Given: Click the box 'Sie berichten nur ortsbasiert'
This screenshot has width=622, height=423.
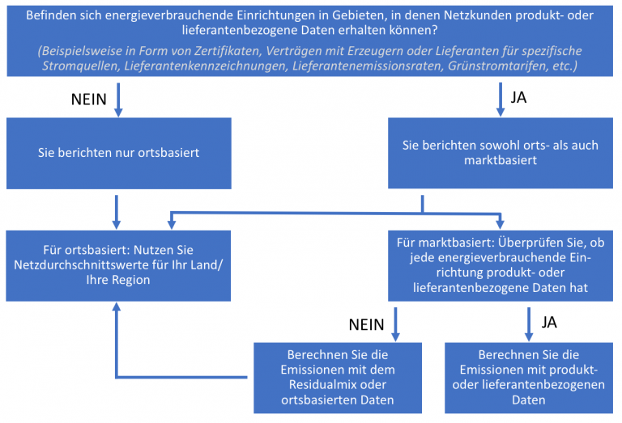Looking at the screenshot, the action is tap(118, 153).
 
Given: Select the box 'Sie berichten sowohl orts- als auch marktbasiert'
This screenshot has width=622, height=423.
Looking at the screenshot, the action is tap(501, 153).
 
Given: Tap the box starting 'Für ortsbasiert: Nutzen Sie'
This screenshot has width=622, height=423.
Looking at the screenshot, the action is tap(118, 266).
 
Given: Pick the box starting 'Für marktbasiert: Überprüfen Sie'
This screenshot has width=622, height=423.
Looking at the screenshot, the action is tap(501, 266).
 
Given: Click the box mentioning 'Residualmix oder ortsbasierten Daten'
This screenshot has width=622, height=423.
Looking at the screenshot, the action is tap(338, 378).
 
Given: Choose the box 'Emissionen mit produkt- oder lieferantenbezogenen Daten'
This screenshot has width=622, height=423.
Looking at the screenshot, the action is tap(529, 378).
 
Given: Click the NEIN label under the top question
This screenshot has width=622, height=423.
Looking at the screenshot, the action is tap(89, 99).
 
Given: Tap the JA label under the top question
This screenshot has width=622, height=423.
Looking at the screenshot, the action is tap(518, 97).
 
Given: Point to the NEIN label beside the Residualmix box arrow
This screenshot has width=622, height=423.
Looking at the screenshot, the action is tap(367, 325).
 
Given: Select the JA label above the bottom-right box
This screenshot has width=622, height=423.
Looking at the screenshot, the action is tap(549, 323).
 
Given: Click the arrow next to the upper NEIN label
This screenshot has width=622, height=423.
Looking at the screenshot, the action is tap(118, 99).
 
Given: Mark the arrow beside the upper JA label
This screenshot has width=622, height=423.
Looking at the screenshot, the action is tap(501, 99).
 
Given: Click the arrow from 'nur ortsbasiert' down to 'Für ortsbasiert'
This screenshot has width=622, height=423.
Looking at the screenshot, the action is tap(117, 212).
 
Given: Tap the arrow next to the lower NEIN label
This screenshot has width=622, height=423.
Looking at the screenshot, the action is tap(395, 324).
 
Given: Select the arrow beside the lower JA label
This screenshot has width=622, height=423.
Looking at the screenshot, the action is tap(529, 324).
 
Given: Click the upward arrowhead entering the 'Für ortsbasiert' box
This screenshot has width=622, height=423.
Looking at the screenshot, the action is tap(117, 307).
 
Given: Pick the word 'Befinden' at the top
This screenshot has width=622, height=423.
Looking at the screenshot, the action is tap(45, 15).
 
